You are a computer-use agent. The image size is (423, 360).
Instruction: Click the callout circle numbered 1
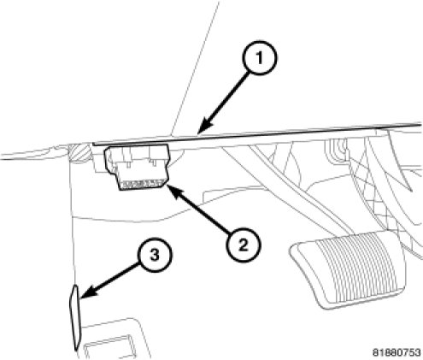[259, 58]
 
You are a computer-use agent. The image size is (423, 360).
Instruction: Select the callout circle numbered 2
[244, 245]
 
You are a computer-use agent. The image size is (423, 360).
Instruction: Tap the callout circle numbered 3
[155, 255]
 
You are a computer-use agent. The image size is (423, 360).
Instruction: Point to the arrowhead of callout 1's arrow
[204, 127]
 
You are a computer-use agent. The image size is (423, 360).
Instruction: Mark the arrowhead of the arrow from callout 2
[173, 191]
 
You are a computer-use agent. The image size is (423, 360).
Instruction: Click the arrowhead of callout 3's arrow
[87, 292]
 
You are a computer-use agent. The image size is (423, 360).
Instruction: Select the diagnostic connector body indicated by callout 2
[138, 166]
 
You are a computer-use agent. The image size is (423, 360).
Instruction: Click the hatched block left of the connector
[79, 153]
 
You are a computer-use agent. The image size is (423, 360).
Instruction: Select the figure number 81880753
[397, 352]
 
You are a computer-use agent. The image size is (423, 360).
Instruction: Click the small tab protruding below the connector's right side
[155, 163]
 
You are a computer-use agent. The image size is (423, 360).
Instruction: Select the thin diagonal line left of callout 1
[196, 67]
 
